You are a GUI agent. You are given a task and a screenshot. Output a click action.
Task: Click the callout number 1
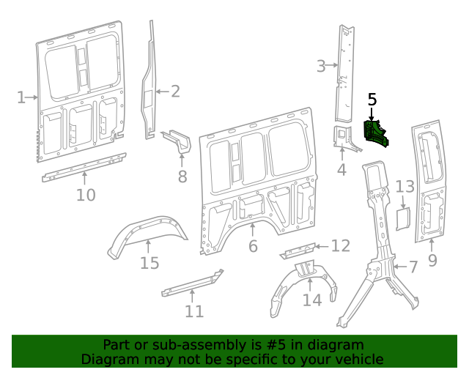pos(21,97)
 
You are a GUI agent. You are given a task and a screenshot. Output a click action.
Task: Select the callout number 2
pos(175,91)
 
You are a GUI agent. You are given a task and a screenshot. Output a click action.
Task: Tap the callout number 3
pos(321,67)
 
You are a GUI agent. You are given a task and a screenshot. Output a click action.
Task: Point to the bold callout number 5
pos(372,98)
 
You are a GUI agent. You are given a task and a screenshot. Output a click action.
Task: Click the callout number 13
pos(405,187)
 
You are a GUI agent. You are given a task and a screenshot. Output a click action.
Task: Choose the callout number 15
pos(149,263)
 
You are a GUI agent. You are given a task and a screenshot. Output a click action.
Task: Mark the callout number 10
pos(86,195)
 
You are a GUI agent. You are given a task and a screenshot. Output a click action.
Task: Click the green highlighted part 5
pos(378,133)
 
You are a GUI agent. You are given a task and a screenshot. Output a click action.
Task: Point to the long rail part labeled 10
pos(84,168)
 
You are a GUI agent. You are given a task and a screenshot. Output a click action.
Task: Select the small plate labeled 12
pos(297,251)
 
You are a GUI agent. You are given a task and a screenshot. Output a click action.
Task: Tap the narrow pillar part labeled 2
pos(151,81)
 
